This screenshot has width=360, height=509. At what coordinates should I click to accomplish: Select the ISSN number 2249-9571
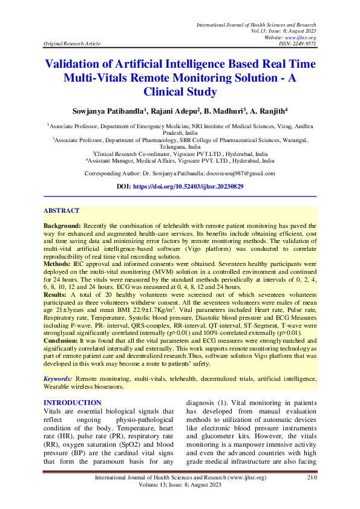pos(305,44)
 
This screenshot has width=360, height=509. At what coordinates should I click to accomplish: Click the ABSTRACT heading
pos(61,210)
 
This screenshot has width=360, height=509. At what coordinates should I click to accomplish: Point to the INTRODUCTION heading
pos(72,403)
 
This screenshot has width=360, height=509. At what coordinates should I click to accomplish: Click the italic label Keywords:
pos(57,379)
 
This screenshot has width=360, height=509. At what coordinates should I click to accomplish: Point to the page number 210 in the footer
pos(312,478)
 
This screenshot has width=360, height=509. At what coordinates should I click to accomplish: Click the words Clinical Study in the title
pos(180,92)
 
